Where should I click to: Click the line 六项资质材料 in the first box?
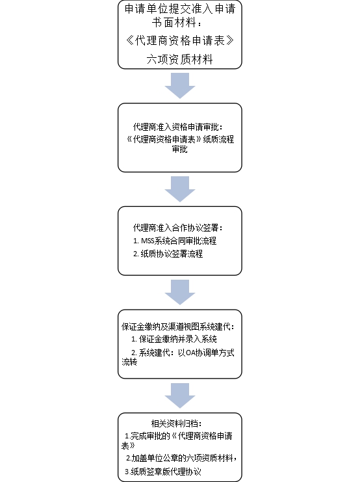point(180,59)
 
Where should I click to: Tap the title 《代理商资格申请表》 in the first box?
point(180,40)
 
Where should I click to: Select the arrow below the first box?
point(180,86)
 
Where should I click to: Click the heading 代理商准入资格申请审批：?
point(178,127)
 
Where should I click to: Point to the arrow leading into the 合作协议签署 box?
point(180,189)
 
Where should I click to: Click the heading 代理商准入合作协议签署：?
point(178,228)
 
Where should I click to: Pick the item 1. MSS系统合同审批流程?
point(175,241)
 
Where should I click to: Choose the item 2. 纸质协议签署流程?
point(168,254)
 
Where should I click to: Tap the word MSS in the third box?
point(148,241)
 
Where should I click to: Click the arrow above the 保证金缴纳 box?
point(180,292)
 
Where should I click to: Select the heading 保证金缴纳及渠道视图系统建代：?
point(178,327)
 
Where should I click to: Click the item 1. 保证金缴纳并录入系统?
point(174,339)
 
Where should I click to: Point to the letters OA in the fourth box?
point(191,353)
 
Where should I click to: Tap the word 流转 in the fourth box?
point(129,362)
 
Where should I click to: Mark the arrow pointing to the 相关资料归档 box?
point(180,395)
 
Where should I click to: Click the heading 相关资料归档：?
point(177,423)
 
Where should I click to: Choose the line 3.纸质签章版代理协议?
point(163,472)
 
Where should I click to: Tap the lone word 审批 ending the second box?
point(180,149)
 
